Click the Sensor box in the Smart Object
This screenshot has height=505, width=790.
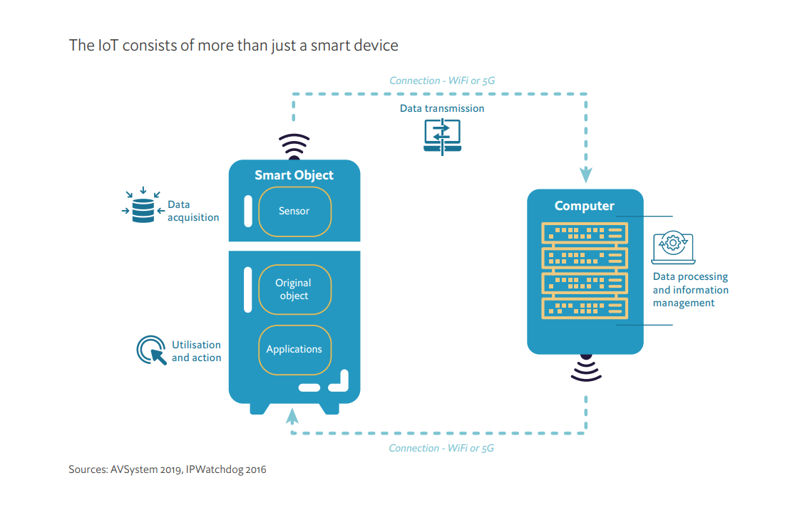pyautogui.click(x=294, y=212)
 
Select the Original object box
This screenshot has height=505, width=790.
pyautogui.click(x=294, y=289)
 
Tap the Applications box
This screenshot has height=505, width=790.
pyautogui.click(x=294, y=350)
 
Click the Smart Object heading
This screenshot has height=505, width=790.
pyautogui.click(x=294, y=175)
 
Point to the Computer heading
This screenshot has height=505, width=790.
pyautogui.click(x=585, y=206)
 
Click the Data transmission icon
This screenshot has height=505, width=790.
pyautogui.click(x=442, y=136)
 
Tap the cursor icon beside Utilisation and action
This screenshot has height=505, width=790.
pyautogui.click(x=150, y=350)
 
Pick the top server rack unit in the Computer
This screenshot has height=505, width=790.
pyautogui.click(x=585, y=232)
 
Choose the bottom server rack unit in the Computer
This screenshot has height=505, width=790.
pyautogui.click(x=585, y=308)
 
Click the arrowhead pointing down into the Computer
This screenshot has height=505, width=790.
pyautogui.click(x=585, y=175)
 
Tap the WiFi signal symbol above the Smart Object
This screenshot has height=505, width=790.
pyautogui.click(x=294, y=146)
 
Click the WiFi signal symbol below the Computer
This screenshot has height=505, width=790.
pyautogui.click(x=585, y=368)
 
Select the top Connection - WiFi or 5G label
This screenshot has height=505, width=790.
pyautogui.click(x=441, y=80)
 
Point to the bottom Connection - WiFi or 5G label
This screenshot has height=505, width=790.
pyautogui.click(x=441, y=448)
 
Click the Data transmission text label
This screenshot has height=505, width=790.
pyautogui.click(x=441, y=108)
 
